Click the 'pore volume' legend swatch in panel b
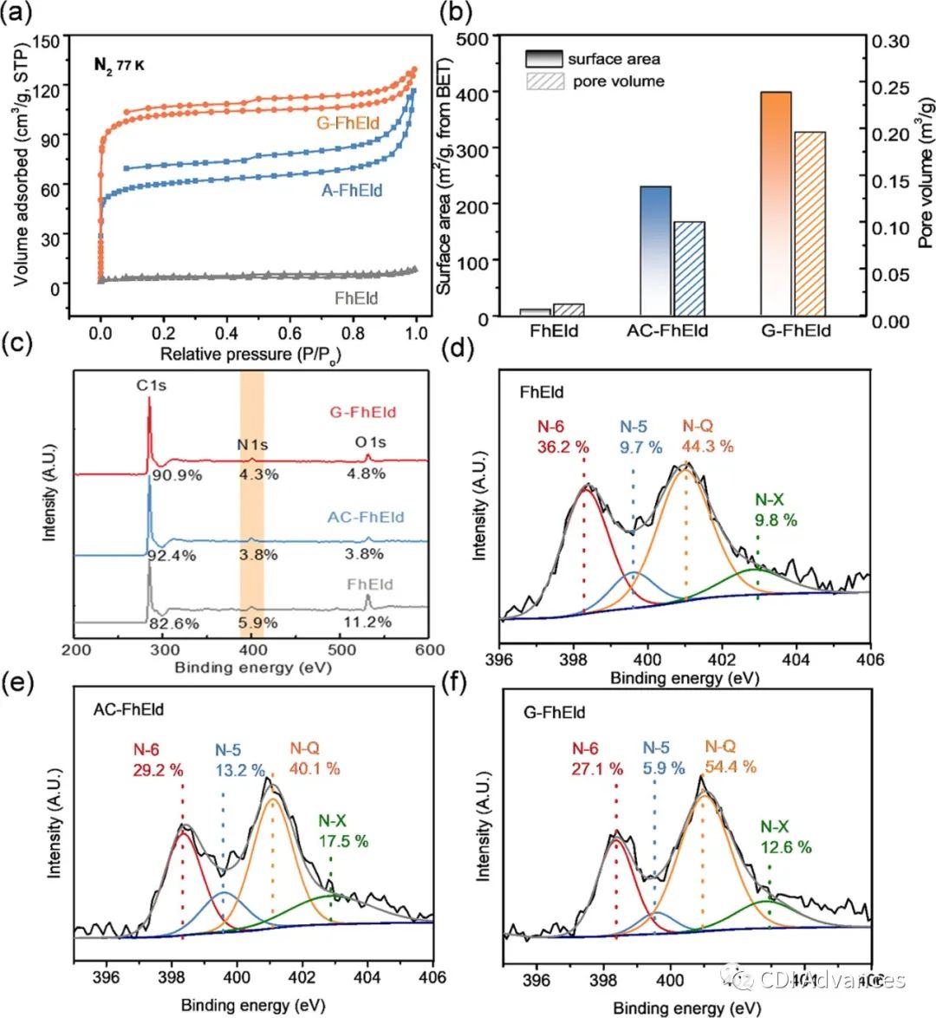(544, 82)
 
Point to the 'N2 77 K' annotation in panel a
(119, 64)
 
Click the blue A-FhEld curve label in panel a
(352, 190)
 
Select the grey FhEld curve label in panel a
(355, 298)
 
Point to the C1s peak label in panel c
(151, 385)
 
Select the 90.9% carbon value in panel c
(177, 474)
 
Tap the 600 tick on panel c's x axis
(429, 649)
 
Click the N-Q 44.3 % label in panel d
(707, 436)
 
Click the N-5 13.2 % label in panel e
(239, 760)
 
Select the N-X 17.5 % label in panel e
(342, 832)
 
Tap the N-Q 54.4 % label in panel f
(730, 757)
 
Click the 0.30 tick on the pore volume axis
(890, 41)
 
